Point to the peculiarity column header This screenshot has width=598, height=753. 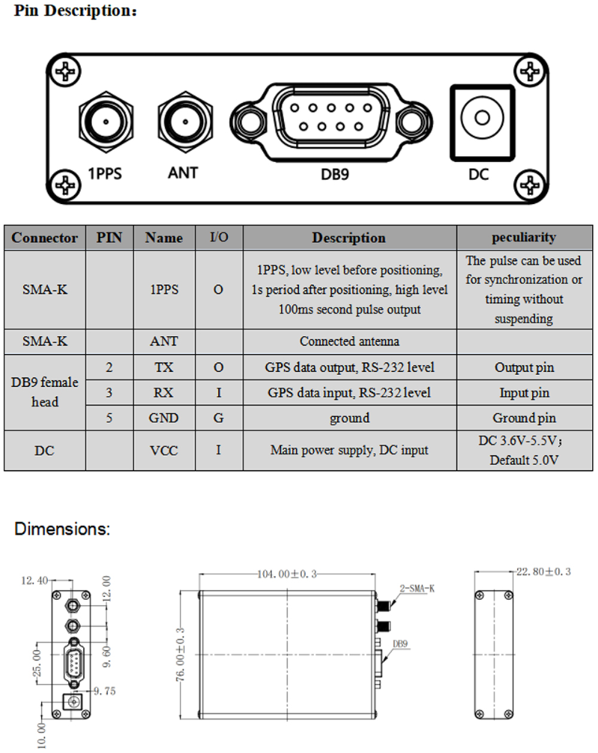point(523,238)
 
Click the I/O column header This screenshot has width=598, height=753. point(218,238)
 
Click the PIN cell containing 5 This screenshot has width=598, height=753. point(110,418)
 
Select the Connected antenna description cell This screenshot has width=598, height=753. point(348,341)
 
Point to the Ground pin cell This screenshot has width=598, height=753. point(523,418)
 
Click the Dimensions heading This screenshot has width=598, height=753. point(62,530)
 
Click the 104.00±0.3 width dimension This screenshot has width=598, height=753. point(287,574)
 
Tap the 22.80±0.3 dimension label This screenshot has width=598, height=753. point(543,571)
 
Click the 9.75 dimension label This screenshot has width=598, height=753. point(105,692)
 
